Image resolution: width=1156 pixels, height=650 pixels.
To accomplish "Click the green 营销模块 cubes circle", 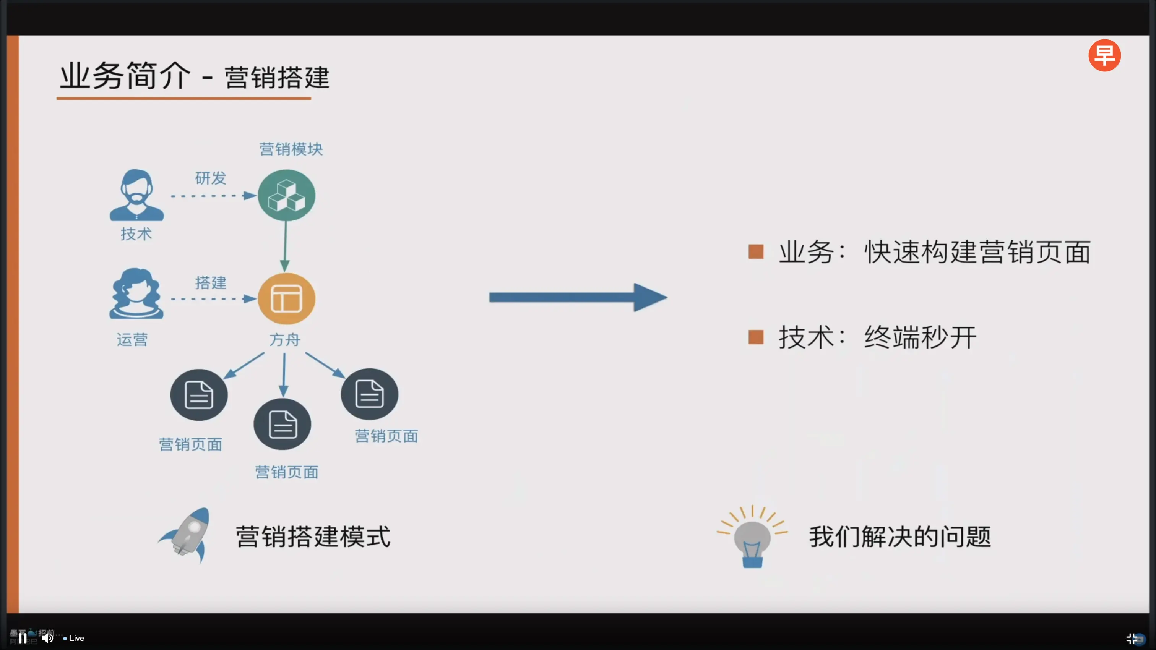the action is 286,195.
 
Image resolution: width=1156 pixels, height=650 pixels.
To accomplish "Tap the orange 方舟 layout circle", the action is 286,298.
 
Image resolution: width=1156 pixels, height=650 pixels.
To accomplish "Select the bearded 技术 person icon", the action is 136,195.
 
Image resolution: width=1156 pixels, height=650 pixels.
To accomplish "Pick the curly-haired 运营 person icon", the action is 136,294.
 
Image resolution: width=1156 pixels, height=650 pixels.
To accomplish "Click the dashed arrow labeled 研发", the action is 213,196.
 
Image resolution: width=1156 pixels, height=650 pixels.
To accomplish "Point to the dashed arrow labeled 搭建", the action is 213,299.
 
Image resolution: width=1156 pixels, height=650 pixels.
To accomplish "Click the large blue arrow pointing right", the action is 578,297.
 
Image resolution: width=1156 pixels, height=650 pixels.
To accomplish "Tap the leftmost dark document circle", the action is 199,395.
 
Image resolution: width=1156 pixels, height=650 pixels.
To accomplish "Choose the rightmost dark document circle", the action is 369,394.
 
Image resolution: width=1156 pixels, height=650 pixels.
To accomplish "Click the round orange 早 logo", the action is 1104,55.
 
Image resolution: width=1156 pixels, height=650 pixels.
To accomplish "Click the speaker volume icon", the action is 47,638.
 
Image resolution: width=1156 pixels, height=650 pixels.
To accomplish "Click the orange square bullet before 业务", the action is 756,252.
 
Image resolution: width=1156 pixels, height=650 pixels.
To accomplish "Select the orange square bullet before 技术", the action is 756,337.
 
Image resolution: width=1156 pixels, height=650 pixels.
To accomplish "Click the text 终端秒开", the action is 920,337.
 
